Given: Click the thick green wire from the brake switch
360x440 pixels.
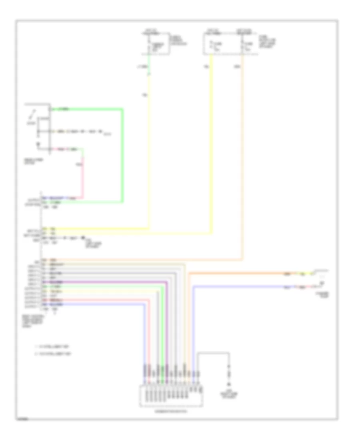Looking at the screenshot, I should (x=123, y=156).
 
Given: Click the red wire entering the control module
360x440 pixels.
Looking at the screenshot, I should (x=100, y=299).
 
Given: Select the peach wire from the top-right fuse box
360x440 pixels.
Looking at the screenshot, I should (x=242, y=160).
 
